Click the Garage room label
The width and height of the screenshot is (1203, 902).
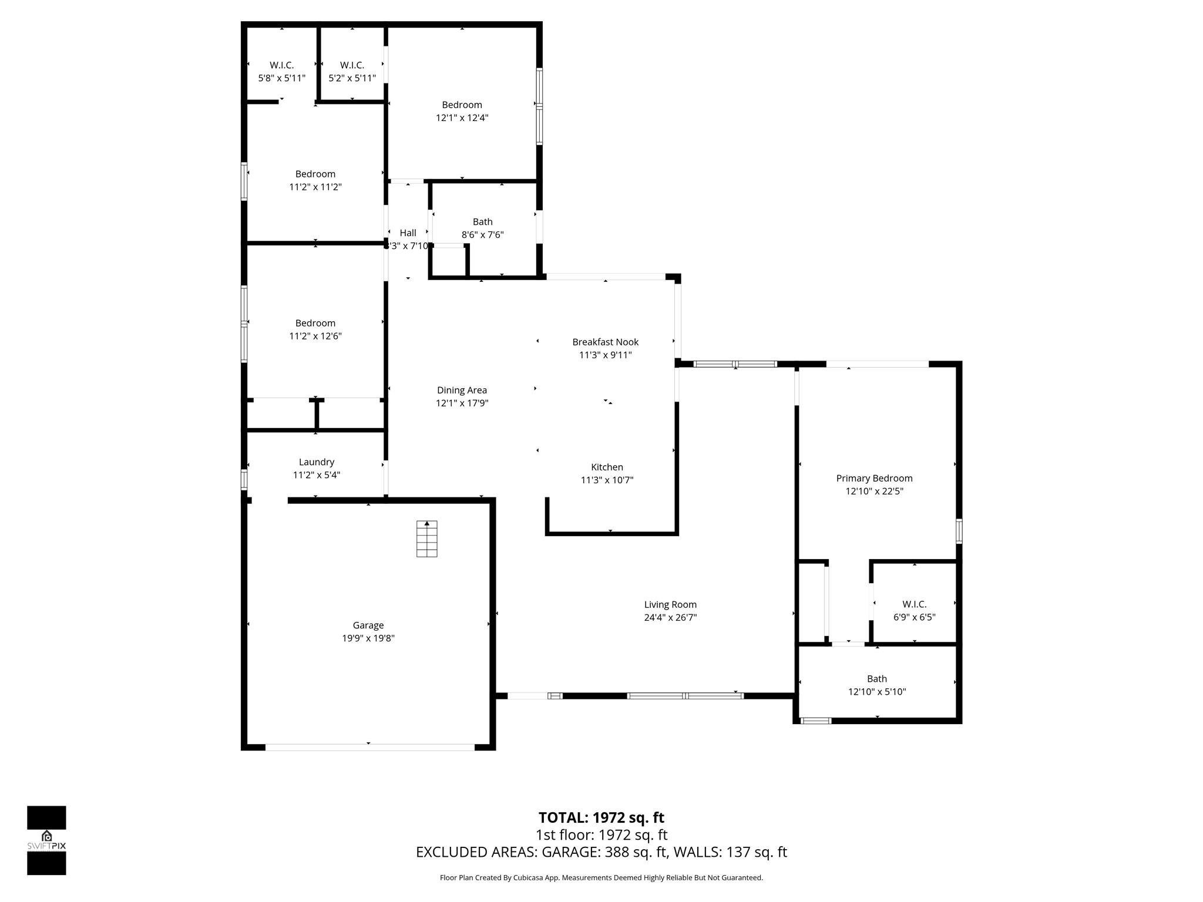pos(368,625)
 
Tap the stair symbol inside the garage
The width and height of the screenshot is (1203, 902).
pos(427,538)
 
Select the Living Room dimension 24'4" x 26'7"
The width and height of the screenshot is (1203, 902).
pos(670,617)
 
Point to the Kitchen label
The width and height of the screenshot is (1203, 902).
pos(607,467)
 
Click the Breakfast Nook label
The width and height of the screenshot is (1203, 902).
pos(605,342)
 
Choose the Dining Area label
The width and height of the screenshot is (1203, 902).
pos(462,390)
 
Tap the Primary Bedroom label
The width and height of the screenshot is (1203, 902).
pos(874,479)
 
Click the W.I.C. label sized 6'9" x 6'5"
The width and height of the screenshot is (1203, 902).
pos(914,604)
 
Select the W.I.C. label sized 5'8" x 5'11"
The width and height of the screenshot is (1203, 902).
pos(282,65)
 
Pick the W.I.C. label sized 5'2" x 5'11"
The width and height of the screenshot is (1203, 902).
pos(352,65)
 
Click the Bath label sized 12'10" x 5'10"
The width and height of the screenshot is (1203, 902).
pos(876,679)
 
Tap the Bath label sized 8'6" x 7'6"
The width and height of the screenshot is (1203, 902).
pos(482,222)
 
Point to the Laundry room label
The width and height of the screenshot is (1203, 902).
pos(316,462)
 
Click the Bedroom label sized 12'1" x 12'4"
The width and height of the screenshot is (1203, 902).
pos(462,105)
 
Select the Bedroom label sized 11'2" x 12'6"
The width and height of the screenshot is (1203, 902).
pos(315,323)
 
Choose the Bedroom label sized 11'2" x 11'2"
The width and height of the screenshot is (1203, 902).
pos(315,174)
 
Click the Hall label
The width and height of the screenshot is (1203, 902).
pos(408,233)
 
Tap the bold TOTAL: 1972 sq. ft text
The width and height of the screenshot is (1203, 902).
pos(601,817)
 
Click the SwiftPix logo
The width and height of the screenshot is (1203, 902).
pos(46,840)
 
